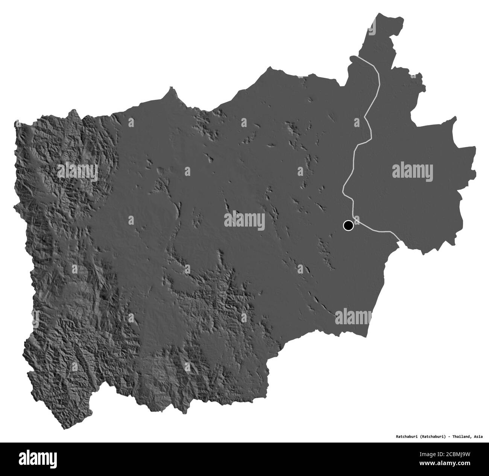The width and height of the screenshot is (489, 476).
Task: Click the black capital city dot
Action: [x=348, y=225]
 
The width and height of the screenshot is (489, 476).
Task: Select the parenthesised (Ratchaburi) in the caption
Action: [x=428, y=437]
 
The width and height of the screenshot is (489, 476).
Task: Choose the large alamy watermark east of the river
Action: [x=413, y=169]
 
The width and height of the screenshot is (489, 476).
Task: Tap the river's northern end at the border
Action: [x=351, y=57]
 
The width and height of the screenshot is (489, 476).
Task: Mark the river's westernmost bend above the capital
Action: [x=343, y=191]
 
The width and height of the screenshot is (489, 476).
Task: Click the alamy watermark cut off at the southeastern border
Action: [x=352, y=316]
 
